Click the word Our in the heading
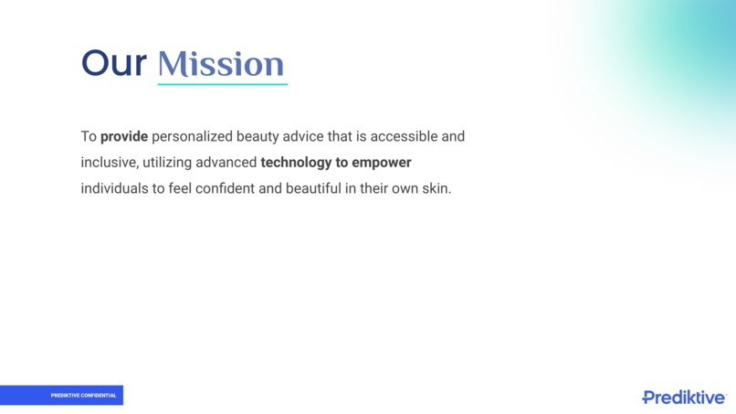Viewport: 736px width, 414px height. point(113,64)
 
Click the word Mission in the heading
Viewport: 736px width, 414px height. point(221,64)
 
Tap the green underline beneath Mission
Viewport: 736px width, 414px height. point(222,84)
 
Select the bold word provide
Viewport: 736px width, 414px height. point(124,136)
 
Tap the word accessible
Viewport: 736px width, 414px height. point(405,136)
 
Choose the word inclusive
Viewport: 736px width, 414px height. point(109,163)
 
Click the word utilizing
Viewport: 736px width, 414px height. point(168,163)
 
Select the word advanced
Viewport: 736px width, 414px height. point(226,163)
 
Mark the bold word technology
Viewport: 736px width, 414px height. point(296,163)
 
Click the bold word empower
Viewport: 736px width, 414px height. point(382,163)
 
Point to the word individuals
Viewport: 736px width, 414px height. point(114,189)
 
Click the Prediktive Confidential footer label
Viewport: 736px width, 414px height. point(83,396)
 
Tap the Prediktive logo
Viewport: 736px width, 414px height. point(684,397)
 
